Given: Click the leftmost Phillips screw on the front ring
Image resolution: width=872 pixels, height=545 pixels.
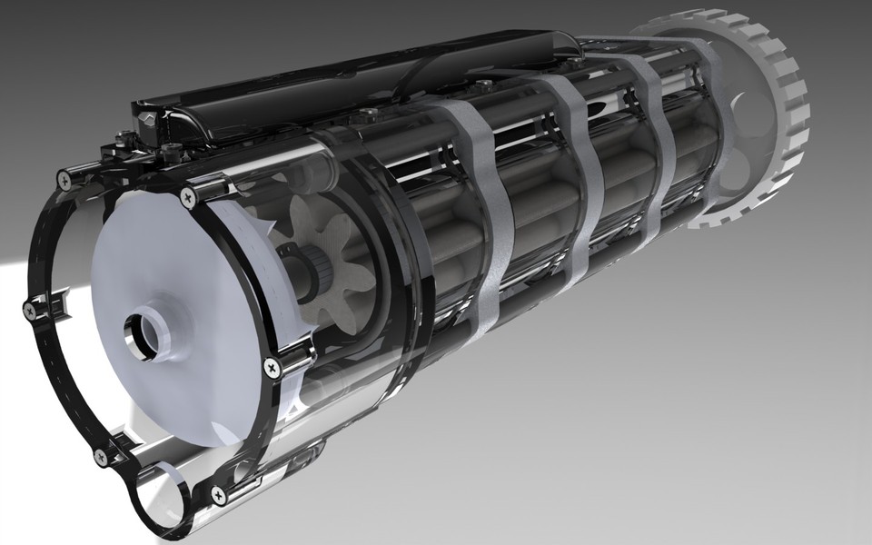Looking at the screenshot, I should [30, 309].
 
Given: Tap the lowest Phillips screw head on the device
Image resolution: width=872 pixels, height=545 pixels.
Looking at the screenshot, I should [218, 494].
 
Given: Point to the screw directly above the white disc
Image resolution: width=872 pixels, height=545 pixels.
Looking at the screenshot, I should [189, 195].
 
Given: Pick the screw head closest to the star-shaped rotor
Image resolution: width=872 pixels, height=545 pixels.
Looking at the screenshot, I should [271, 367].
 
